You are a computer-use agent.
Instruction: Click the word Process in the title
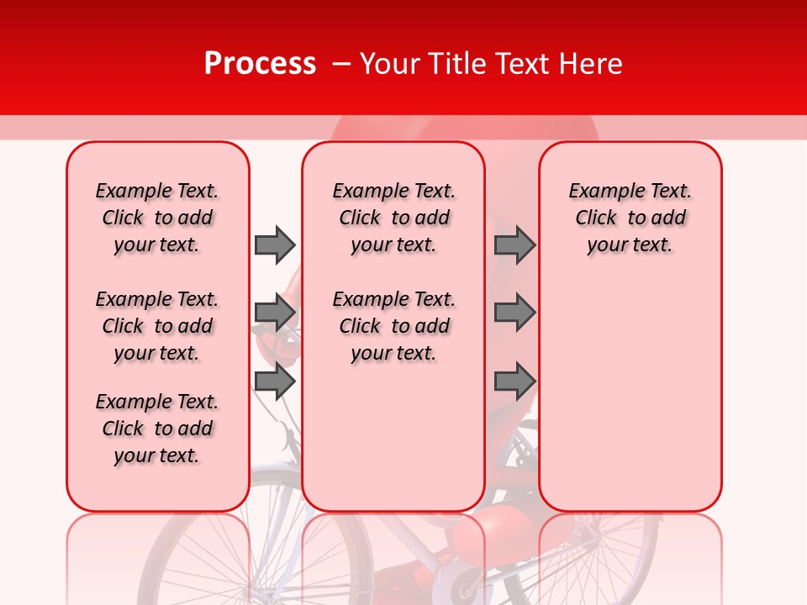click(260, 64)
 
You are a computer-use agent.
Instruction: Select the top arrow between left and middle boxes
click(275, 245)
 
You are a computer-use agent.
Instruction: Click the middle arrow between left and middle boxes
click(275, 313)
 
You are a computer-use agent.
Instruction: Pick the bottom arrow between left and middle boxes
click(275, 381)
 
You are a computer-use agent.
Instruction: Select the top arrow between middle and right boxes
click(514, 245)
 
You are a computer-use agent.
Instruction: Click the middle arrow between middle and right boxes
click(514, 313)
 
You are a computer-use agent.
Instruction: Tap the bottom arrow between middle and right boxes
click(514, 381)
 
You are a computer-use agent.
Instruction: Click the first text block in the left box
click(157, 218)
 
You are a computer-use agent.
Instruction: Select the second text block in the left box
click(157, 326)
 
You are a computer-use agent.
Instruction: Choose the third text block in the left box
click(157, 429)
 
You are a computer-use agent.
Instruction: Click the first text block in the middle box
click(393, 218)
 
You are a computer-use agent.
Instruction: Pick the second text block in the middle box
click(393, 326)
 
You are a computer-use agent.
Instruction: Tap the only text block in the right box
click(630, 218)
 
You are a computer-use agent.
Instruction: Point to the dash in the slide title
click(341, 64)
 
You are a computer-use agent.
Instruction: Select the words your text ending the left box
click(157, 455)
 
